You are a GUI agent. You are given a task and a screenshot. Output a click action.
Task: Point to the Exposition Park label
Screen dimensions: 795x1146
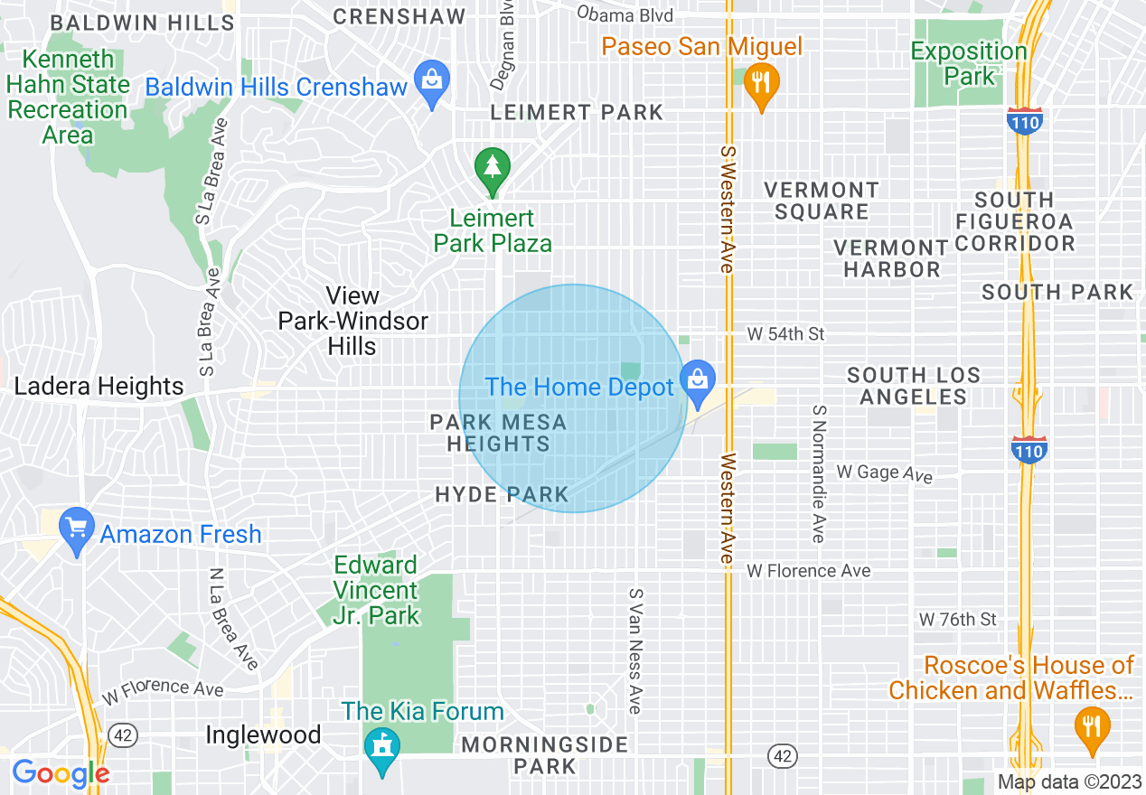click(x=968, y=64)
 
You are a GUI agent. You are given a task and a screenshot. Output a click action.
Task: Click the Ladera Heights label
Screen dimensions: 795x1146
click(x=99, y=387)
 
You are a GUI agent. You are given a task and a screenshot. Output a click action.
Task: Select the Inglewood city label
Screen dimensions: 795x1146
click(x=263, y=735)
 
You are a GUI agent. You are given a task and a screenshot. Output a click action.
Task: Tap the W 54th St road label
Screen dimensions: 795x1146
click(x=785, y=334)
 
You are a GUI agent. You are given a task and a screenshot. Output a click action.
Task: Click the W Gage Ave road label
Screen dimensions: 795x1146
click(x=883, y=472)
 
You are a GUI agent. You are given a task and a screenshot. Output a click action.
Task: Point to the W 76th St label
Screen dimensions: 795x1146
click(x=957, y=619)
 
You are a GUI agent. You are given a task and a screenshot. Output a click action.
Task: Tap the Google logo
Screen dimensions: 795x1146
click(x=61, y=773)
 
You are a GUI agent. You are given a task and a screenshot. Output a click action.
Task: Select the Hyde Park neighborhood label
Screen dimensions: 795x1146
click(x=502, y=494)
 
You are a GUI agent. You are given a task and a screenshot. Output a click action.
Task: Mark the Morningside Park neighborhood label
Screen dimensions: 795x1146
click(x=544, y=755)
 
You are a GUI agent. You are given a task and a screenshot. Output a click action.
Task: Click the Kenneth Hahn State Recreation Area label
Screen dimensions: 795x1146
click(x=69, y=98)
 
